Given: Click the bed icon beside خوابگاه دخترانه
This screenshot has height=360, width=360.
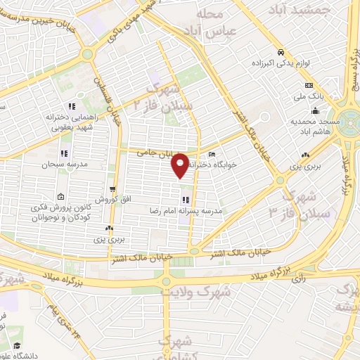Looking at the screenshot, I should tap(212, 155).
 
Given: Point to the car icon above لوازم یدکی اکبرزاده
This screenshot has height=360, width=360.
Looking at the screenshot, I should tap(281, 52).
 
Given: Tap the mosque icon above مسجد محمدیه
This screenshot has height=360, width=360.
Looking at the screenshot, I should tap(316, 110).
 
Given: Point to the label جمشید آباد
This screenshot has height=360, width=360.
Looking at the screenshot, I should tap(302, 11).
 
